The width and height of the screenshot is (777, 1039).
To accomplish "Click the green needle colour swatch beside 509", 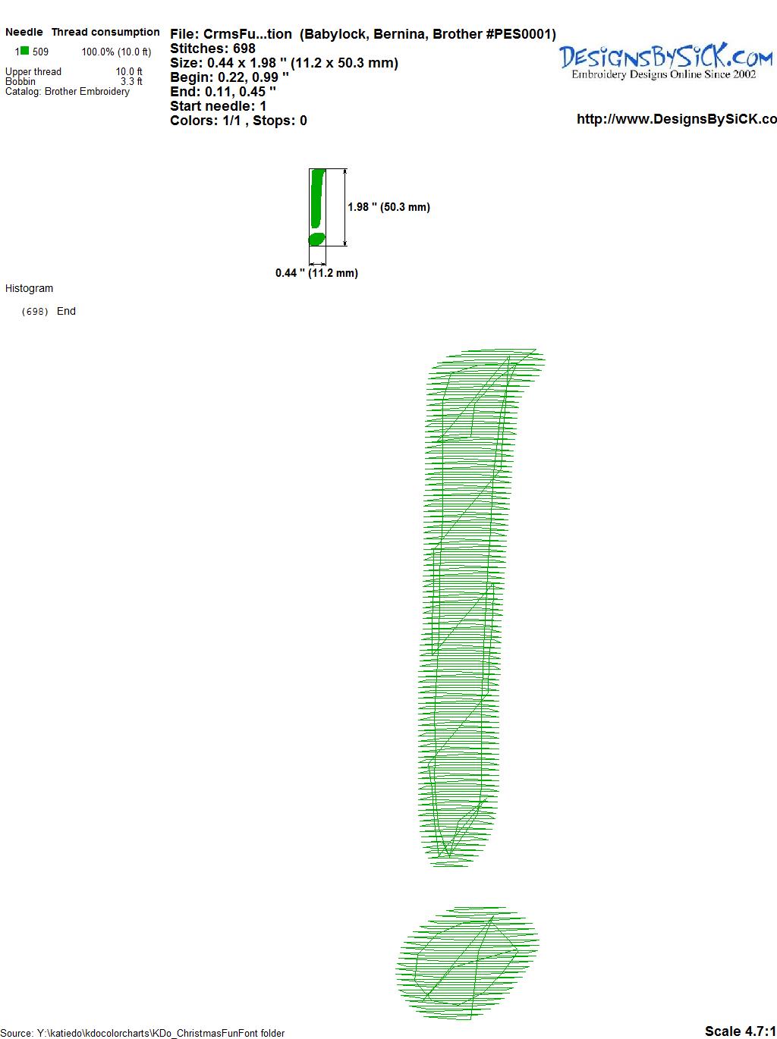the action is click(x=24, y=51).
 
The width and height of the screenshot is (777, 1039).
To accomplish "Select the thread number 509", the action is click(x=40, y=52).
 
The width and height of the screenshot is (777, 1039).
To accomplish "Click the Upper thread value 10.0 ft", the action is click(x=129, y=71).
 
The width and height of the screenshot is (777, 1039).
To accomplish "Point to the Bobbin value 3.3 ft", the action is click(x=131, y=81).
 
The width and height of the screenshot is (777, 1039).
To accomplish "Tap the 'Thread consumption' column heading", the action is click(x=105, y=32).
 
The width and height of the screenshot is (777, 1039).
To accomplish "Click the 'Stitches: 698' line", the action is click(x=212, y=49).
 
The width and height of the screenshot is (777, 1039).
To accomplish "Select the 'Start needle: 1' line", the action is click(x=218, y=106).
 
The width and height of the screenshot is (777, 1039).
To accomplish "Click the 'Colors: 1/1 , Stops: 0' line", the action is click(x=238, y=121).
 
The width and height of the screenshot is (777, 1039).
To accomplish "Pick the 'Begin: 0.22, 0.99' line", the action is click(x=229, y=77).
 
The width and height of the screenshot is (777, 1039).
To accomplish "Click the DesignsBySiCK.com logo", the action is click(x=665, y=56).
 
